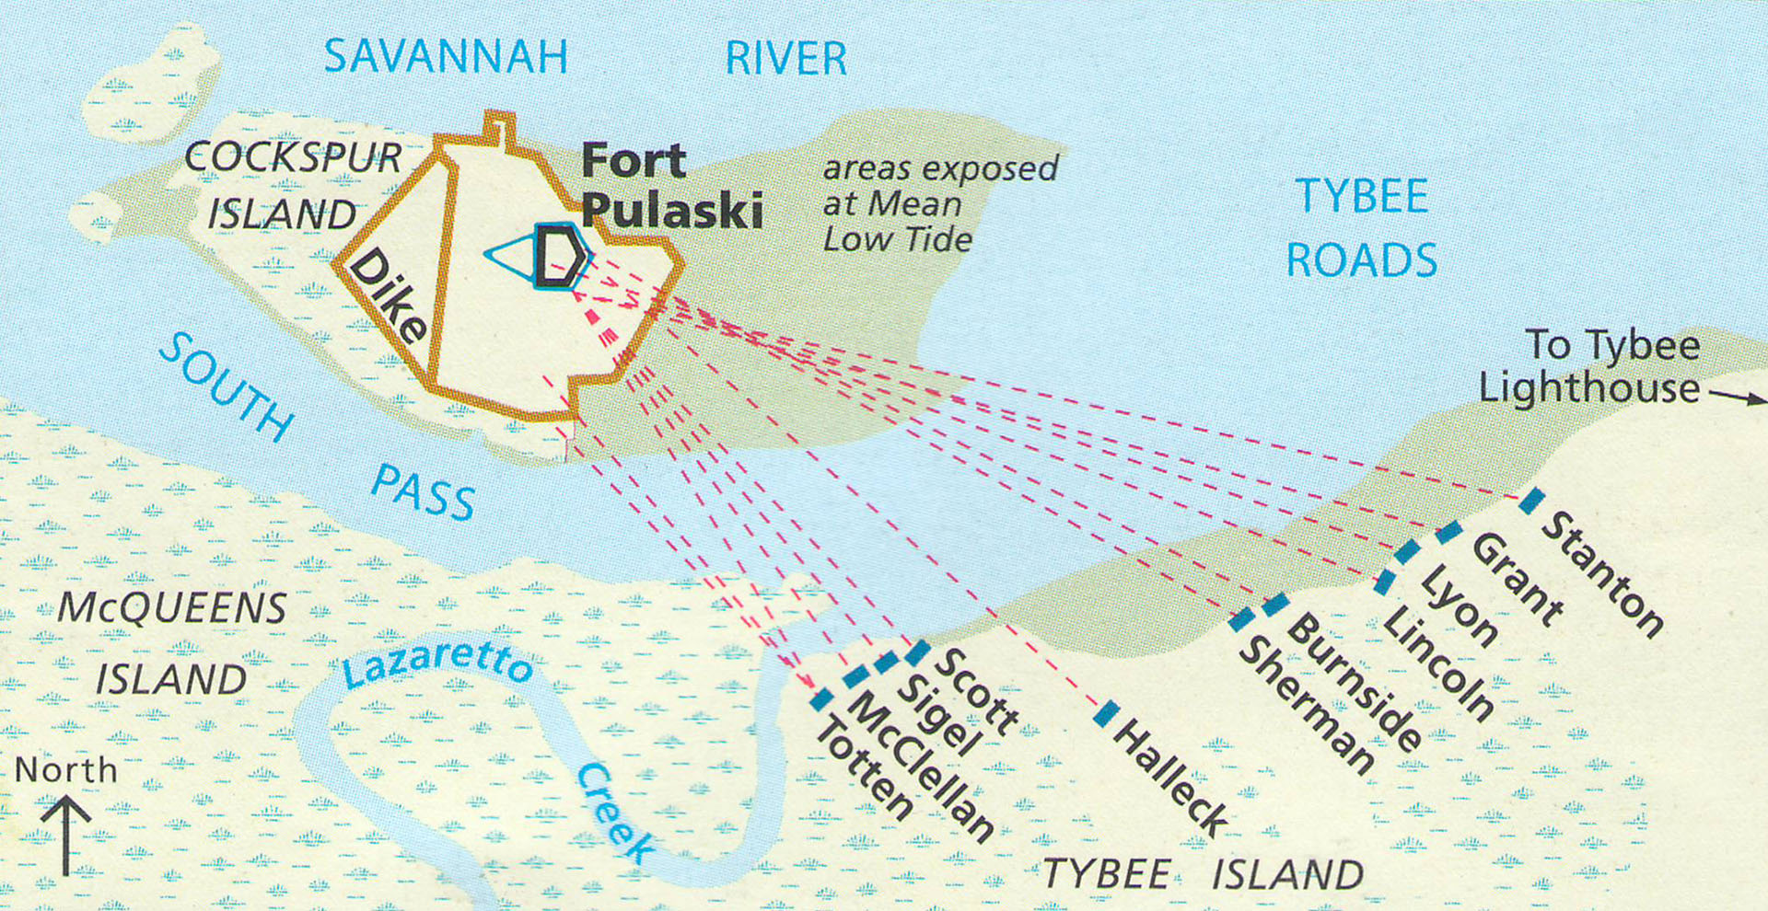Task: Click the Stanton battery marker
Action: pyautogui.click(x=1531, y=501)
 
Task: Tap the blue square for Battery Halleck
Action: pyautogui.click(x=1108, y=713)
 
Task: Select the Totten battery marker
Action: pyautogui.click(x=821, y=698)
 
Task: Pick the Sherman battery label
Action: pyautogui.click(x=1307, y=706)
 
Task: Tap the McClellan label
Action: pyautogui.click(x=920, y=767)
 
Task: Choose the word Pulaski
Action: pyautogui.click(x=672, y=211)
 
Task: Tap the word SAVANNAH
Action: pyautogui.click(x=446, y=57)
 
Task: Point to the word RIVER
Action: pyautogui.click(x=785, y=59)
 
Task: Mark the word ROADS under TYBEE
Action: pyautogui.click(x=1361, y=260)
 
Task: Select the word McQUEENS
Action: pyautogui.click(x=172, y=608)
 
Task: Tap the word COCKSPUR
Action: pyautogui.click(x=293, y=157)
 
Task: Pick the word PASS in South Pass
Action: pyautogui.click(x=424, y=492)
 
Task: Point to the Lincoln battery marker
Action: pyautogui.click(x=1385, y=582)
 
